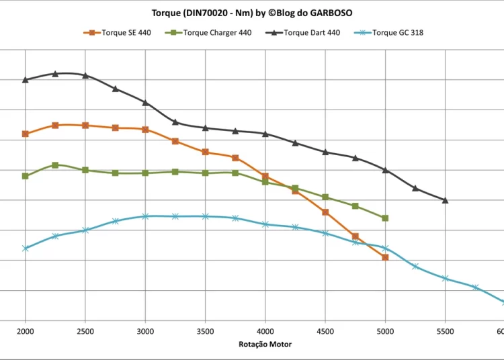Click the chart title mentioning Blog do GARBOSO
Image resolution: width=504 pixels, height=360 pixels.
tap(252, 12)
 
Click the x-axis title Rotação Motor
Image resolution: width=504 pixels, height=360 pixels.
tap(265, 344)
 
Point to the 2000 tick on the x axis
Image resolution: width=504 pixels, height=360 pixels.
tap(26, 331)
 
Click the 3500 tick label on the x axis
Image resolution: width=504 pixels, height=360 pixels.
tap(206, 331)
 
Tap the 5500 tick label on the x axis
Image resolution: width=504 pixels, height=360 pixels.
tap(446, 331)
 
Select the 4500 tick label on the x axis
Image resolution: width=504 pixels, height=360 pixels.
tap(325, 331)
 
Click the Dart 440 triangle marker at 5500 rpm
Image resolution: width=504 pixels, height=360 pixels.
tap(446, 200)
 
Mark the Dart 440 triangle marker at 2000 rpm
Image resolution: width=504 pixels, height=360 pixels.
tap(26, 80)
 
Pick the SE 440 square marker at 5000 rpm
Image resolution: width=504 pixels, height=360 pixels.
tap(385, 257)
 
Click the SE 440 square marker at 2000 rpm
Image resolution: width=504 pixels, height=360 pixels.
tap(26, 134)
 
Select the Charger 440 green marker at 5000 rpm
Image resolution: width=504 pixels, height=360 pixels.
tap(385, 218)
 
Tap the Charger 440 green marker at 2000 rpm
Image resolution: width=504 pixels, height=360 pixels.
tap(26, 176)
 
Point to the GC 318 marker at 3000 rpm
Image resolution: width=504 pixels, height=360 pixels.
tap(145, 216)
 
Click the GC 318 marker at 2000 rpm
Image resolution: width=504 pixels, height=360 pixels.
tap(26, 249)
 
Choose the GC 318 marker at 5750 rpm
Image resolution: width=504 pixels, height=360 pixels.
tap(475, 287)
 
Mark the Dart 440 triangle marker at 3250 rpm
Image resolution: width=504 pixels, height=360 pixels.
tap(175, 122)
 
